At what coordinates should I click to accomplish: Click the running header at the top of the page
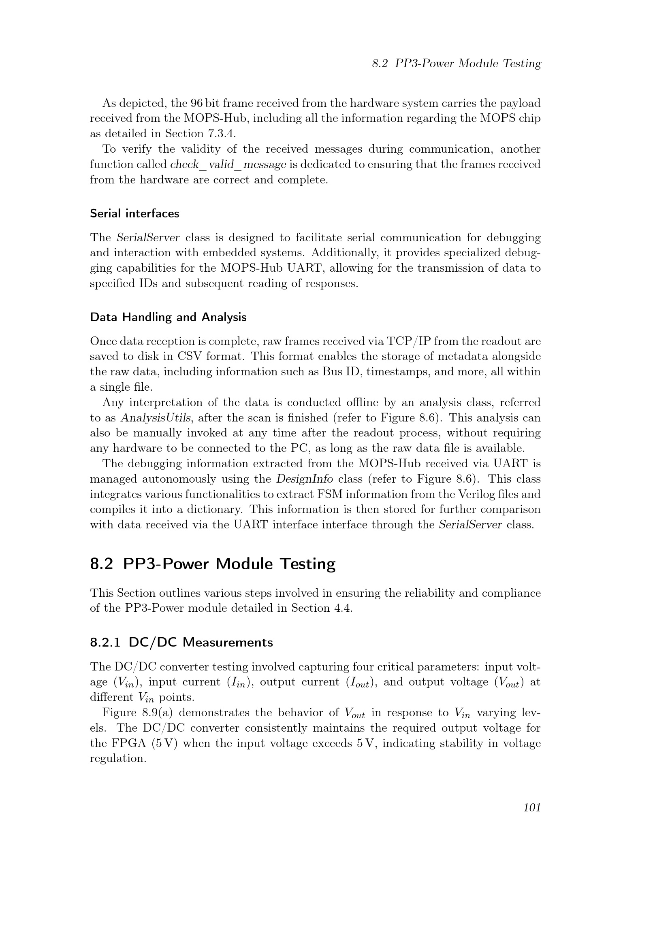click(456, 64)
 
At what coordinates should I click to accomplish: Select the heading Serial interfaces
click(134, 214)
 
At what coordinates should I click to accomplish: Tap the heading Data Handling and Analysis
click(169, 317)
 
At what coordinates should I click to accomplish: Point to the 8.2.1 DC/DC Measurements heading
click(181, 643)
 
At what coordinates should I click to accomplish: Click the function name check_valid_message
click(228, 164)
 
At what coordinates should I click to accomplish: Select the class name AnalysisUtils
click(156, 418)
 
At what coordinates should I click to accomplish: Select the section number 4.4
click(343, 608)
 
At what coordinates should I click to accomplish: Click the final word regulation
click(118, 758)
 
